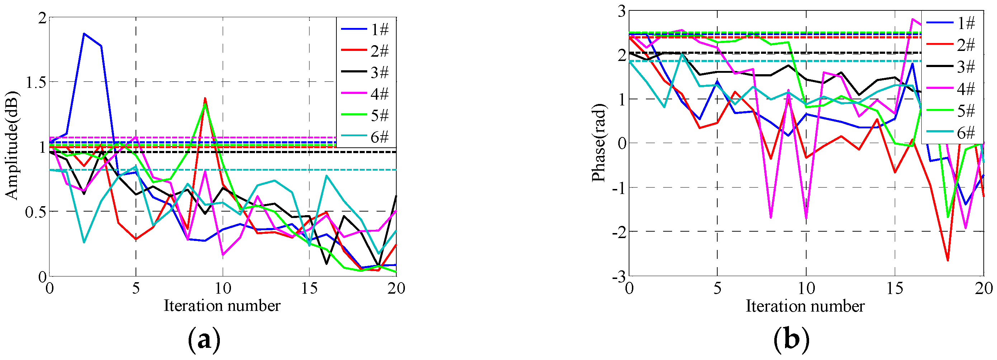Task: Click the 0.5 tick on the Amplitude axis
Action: pyautogui.click(x=36, y=212)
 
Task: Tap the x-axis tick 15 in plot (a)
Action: pyautogui.click(x=309, y=288)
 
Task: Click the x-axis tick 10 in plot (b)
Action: pyautogui.click(x=806, y=288)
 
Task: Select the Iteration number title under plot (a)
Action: pyautogui.click(x=222, y=306)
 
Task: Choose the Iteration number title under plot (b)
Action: pyautogui.click(x=805, y=306)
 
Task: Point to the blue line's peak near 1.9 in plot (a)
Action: pyautogui.click(x=84, y=34)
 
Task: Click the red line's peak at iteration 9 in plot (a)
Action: pyautogui.click(x=205, y=98)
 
